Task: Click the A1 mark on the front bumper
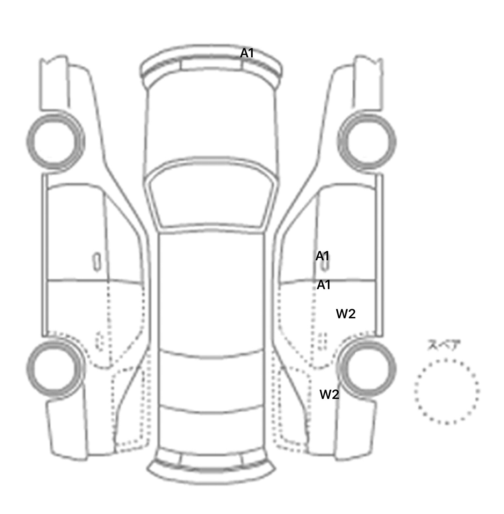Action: pyautogui.click(x=247, y=53)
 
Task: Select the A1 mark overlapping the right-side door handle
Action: pyautogui.click(x=322, y=256)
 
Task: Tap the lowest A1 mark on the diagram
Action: pyautogui.click(x=324, y=285)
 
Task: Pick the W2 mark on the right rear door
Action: pyautogui.click(x=346, y=314)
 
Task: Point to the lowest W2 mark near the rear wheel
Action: pyautogui.click(x=329, y=394)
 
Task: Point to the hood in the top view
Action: pyautogui.click(x=212, y=125)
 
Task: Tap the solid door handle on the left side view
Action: pyautogui.click(x=96, y=262)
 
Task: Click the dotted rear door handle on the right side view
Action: pyautogui.click(x=323, y=342)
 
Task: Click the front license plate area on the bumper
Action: pyautogui.click(x=211, y=65)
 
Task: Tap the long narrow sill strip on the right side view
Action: pyautogui.click(x=380, y=255)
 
